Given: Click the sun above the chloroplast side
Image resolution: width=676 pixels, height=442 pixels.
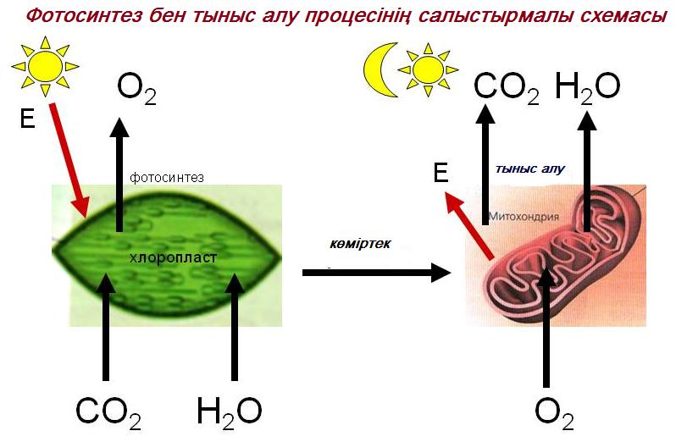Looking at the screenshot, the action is point(45,66).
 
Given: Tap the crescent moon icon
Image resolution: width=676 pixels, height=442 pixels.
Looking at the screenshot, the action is point(380,69).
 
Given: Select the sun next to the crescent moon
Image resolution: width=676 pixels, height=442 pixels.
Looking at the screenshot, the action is point(428,69).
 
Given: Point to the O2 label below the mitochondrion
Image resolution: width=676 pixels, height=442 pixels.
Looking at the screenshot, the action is point(554,414).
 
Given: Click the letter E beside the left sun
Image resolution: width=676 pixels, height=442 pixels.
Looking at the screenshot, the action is point(27,118).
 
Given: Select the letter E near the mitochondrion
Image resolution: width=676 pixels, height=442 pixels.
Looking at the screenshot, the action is point(441,174).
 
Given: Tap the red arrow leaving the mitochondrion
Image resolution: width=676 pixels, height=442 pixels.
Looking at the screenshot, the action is point(469,225).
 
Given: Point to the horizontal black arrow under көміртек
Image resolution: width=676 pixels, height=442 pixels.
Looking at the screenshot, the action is point(377,273).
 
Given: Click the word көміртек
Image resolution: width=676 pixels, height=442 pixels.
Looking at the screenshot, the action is point(360,244).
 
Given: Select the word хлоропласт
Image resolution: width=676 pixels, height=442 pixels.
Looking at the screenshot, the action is point(173,257).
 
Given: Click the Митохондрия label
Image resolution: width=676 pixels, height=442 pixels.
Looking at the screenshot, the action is point(524,216).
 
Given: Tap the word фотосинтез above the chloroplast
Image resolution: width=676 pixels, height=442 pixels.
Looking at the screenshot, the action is point(166,178).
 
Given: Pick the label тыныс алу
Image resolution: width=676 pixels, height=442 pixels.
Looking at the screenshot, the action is point(529,169).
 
